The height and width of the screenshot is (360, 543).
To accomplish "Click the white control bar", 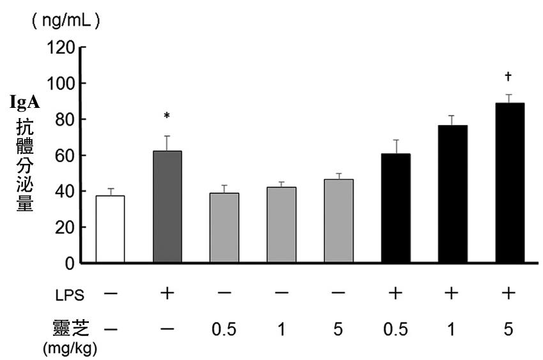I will click(x=110, y=229).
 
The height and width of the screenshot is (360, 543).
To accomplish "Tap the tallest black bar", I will click(x=510, y=183).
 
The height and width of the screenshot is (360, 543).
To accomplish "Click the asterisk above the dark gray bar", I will click(x=167, y=116).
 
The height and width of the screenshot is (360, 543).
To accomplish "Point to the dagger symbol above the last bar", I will click(x=509, y=77).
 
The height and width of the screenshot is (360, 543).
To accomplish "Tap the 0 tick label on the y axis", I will click(x=72, y=262).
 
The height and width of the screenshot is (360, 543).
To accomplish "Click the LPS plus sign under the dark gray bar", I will click(x=167, y=294).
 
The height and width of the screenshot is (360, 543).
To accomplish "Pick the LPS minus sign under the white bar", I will click(x=110, y=294).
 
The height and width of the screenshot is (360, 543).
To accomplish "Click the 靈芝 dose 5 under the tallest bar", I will click(x=509, y=329).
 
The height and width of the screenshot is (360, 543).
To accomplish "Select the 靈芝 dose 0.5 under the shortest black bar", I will click(x=395, y=329).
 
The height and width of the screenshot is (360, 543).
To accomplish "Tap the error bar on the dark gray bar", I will click(x=167, y=143).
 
